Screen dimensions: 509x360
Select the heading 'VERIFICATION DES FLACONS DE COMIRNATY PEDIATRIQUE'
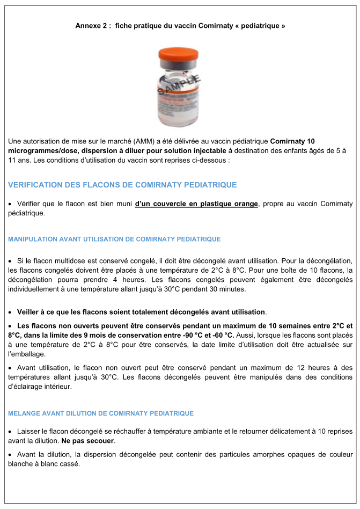click(122, 185)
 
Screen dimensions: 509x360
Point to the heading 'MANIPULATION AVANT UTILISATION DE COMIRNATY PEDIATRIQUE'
click(114, 239)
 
